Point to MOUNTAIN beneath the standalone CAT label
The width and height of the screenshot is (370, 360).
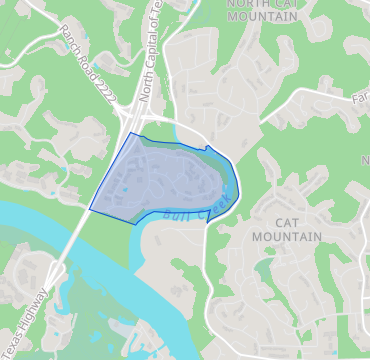(x=287, y=237)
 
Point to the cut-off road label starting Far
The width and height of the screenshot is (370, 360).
(x=360, y=99)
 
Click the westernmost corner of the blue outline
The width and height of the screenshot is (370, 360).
(x=90, y=209)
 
